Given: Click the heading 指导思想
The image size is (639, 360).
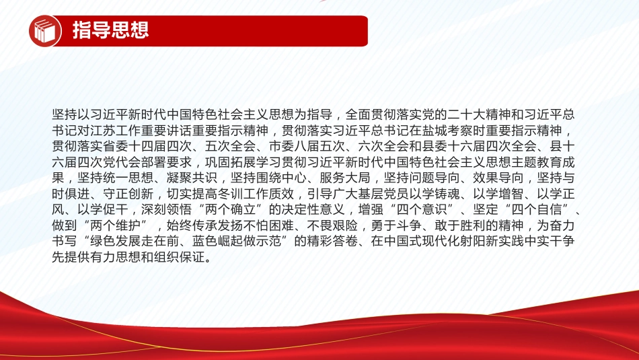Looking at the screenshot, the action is point(110,30).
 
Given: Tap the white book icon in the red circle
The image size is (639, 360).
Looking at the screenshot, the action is point(45,31).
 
